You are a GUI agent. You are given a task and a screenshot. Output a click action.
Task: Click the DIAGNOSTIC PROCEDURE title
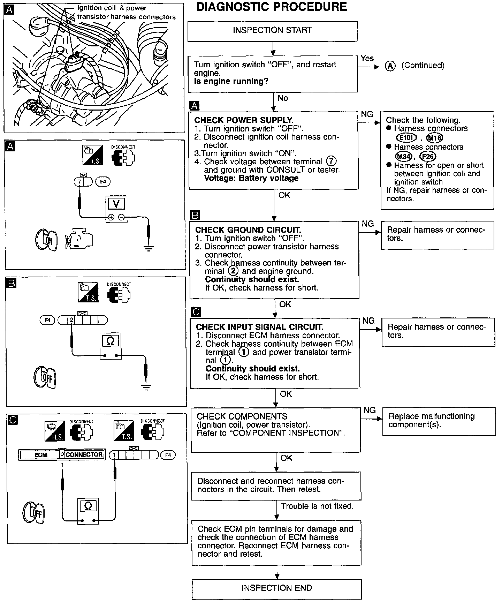click(272, 7)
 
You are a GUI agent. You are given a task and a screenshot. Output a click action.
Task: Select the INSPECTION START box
click(272, 31)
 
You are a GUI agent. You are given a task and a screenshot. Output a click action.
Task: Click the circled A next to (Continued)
click(390, 66)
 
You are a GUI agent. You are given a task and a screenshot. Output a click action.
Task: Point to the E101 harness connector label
click(406, 138)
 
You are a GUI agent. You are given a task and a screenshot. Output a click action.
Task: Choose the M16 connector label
click(434, 138)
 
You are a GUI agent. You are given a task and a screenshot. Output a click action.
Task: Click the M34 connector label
click(404, 156)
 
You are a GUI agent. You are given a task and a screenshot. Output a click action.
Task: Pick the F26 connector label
click(428, 156)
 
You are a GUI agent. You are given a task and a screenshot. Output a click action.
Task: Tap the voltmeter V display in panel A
click(116, 204)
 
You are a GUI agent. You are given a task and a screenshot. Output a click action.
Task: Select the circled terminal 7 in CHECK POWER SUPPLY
click(331, 161)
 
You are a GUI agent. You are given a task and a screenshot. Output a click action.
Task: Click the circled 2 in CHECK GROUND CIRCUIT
click(233, 271)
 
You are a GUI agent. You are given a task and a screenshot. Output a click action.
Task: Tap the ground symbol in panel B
click(146, 386)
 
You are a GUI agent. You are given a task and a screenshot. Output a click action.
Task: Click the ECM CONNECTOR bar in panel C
click(62, 455)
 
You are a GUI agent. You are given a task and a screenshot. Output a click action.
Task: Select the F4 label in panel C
click(168, 455)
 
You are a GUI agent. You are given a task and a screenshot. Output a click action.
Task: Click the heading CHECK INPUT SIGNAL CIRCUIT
click(260, 327)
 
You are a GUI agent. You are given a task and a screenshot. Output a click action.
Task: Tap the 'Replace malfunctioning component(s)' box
click(439, 421)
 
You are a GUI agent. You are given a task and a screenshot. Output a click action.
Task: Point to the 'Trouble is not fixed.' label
click(317, 506)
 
